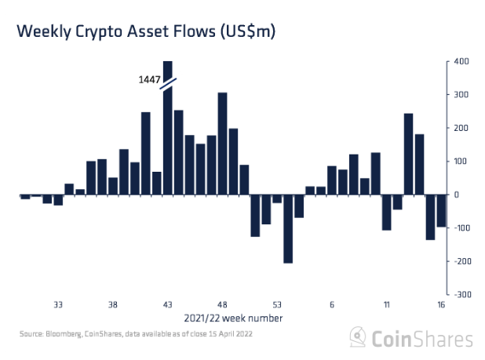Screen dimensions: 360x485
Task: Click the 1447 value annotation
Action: [x=151, y=80]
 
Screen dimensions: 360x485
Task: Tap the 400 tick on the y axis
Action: [x=462, y=62]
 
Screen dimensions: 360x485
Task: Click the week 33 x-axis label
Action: [x=58, y=305]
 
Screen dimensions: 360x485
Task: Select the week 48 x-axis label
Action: [x=222, y=305]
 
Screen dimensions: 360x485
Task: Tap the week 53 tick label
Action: [x=277, y=305]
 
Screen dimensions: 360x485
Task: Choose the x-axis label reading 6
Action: [x=332, y=305]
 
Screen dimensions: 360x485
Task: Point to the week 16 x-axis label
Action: [x=442, y=305]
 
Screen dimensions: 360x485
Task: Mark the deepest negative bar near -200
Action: [x=288, y=228]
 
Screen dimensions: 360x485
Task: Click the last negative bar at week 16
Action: [x=441, y=210]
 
